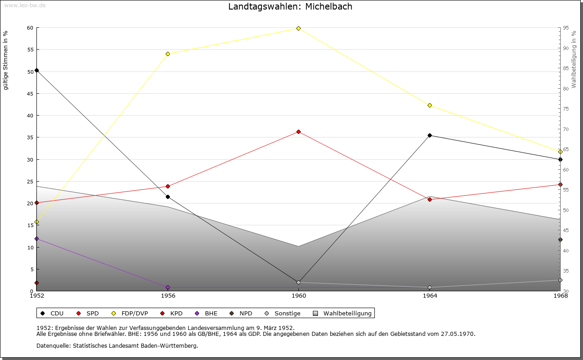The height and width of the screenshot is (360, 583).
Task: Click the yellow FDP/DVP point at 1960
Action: [298, 28]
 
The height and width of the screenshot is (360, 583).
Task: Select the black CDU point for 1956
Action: [168, 197]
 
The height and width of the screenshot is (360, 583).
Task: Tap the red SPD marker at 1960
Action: [298, 132]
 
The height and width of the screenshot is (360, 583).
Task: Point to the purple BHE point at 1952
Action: [37, 239]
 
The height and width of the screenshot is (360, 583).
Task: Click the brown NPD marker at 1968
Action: [560, 239]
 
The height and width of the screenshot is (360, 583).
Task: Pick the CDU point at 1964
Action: [430, 136]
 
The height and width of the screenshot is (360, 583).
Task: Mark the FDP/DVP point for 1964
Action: [430, 105]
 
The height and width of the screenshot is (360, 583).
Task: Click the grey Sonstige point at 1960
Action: [298, 283]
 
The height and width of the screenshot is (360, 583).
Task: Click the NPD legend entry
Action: [241, 314]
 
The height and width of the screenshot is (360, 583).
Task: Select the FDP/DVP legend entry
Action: [130, 314]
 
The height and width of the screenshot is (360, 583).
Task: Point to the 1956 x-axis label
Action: [168, 296]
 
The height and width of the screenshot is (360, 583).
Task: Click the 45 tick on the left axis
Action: [30, 94]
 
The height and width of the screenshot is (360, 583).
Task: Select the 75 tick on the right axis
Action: [566, 109]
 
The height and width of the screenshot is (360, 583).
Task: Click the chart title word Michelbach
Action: [329, 6]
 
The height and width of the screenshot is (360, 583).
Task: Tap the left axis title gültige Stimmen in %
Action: [5, 61]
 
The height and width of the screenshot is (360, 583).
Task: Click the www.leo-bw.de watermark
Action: [25, 5]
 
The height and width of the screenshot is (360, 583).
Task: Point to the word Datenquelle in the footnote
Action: [54, 346]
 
